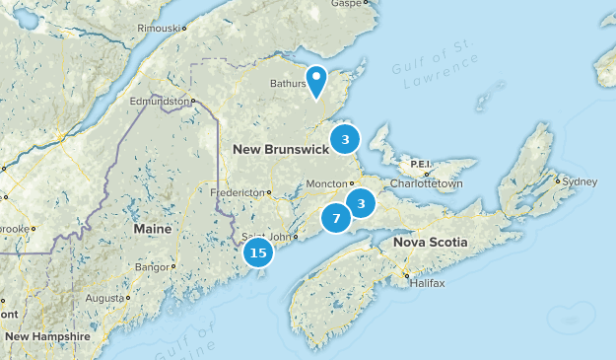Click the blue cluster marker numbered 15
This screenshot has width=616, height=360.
[258, 253]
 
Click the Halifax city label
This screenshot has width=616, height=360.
[427, 283]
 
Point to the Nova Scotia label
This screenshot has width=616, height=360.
[430, 242]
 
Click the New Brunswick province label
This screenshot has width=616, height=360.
[280, 149]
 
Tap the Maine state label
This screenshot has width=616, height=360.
[152, 229]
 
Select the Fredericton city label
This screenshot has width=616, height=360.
[238, 191]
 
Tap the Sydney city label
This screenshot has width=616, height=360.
[581, 181]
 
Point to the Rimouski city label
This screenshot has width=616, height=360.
[158, 29]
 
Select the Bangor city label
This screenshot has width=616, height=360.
[153, 266]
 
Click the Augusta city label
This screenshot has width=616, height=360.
[103, 297]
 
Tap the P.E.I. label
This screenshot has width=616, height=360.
[422, 164]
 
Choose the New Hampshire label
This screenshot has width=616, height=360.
[46, 336]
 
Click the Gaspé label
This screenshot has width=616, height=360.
[347, 4]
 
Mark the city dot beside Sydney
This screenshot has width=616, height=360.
[558, 181]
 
